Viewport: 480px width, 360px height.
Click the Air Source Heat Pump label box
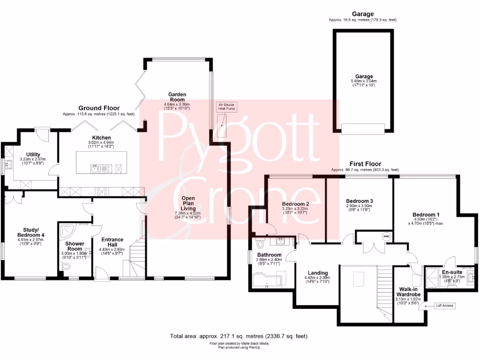coord(226,106)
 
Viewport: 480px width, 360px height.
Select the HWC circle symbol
coord(386,236)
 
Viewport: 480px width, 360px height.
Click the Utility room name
coord(33,154)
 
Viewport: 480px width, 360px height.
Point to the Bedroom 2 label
coord(295,204)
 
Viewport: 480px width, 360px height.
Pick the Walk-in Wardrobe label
coord(408,292)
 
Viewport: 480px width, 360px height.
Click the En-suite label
coord(452,271)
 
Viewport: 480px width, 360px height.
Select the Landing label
coord(318,273)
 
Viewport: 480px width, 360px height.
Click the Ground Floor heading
coord(98,108)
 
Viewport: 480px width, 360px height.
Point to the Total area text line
coord(239,336)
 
